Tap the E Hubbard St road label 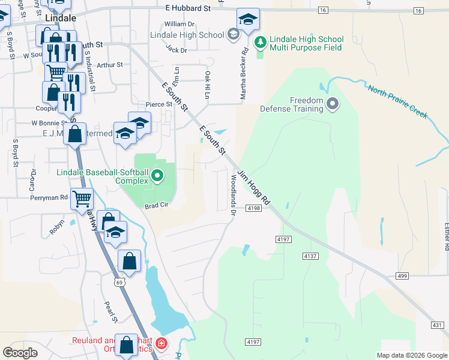pyautogui.click(x=188, y=9)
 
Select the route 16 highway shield pyautogui.click(x=323, y=10)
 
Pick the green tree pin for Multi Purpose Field pyautogui.click(x=260, y=41)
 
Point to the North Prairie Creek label pyautogui.click(x=397, y=100)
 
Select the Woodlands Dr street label pyautogui.click(x=233, y=194)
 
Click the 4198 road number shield pyautogui.click(x=253, y=208)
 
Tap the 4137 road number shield pyautogui.click(x=310, y=256)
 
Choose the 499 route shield pyautogui.click(x=402, y=276)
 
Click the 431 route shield pyautogui.click(x=439, y=325)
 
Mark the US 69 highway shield pyautogui.click(x=120, y=282)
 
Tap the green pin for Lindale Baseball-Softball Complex pyautogui.click(x=157, y=176)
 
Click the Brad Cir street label pyautogui.click(x=155, y=206)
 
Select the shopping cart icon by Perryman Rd pyautogui.click(x=82, y=197)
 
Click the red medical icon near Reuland pyautogui.click(x=161, y=344)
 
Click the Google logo pyautogui.click(x=20, y=353)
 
